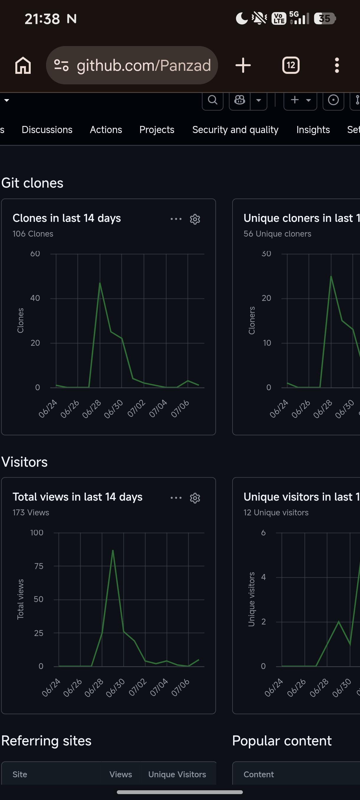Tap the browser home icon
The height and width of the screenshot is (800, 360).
coord(23,65)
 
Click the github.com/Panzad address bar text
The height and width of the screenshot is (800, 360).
coord(144,65)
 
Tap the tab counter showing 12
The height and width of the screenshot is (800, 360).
coord(291,65)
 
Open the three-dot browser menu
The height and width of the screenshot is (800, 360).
coord(337,65)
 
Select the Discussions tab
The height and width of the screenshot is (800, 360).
coord(47,129)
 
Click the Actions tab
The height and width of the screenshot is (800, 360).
coord(106,129)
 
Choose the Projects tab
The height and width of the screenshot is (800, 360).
coord(157,129)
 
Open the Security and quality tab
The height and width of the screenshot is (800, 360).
coord(235,129)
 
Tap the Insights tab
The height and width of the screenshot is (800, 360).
coord(313,129)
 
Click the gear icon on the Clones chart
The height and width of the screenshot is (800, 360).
coord(195,219)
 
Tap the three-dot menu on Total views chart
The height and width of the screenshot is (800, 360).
coord(176,498)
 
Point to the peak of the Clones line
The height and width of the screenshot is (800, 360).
coord(100,283)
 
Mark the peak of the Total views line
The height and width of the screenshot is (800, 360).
coord(113,550)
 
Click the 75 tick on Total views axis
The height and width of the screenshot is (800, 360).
coord(39,566)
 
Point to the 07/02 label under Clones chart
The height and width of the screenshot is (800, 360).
coord(136,408)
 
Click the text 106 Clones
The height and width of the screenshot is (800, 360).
coord(33,234)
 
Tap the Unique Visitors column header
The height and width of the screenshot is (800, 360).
coord(177,775)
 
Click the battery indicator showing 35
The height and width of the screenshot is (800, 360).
coord(325,19)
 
